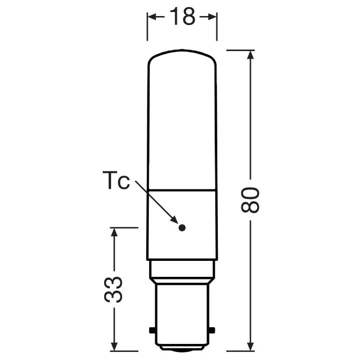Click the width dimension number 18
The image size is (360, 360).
[182, 17]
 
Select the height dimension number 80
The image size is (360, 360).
[251, 199]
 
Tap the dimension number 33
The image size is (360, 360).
[115, 289]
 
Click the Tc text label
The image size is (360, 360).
[116, 181]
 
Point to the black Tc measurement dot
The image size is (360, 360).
[182, 227]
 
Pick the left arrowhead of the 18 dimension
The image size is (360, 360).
[151, 17]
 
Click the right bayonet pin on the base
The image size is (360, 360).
[213, 331]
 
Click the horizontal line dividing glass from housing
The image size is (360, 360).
[182, 190]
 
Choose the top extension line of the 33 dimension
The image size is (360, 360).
[123, 228]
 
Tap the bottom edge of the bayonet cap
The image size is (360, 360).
[182, 349]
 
